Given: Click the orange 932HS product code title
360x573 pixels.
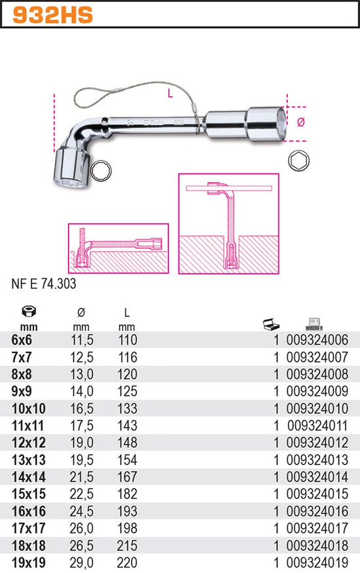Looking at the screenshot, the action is (52, 14).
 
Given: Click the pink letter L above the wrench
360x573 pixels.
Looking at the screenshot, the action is (170, 93).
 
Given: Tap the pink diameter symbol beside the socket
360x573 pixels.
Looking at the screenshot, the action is (300, 122).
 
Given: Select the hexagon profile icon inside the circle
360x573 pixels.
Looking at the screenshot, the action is (298, 161).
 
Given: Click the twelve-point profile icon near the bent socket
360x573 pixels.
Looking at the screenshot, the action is (101, 171).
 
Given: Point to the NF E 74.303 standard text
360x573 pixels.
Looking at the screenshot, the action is (44, 284).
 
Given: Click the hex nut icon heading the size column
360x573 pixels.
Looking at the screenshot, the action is (29, 311).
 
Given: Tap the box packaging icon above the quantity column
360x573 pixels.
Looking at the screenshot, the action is (271, 324).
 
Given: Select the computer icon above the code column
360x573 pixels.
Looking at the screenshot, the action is (314, 323).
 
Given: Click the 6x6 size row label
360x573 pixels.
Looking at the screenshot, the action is (22, 340).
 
